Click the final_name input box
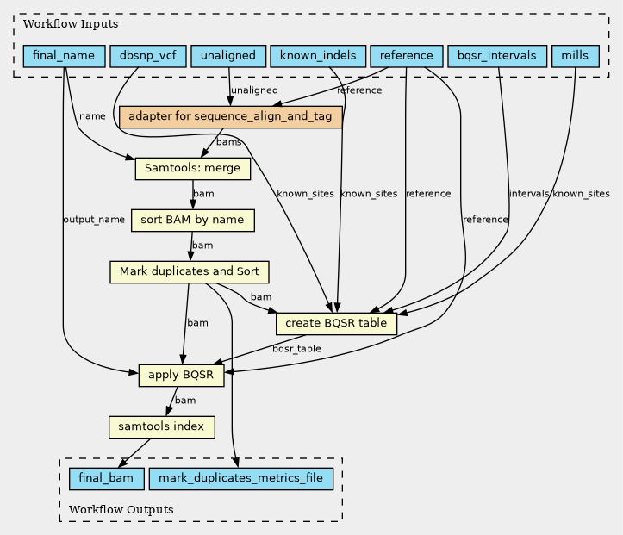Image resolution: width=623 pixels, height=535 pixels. [x=64, y=56]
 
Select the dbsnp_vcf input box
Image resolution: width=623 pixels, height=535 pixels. [x=148, y=56]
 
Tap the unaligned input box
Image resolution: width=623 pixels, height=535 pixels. [x=228, y=56]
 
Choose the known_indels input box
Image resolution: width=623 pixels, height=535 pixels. [x=318, y=56]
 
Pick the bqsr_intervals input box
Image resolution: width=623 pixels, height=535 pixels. [x=497, y=56]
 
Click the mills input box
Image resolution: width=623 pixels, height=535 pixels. [x=576, y=56]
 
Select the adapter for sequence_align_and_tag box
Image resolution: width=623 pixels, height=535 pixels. [x=230, y=117]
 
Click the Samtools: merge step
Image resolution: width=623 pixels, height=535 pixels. [x=193, y=168]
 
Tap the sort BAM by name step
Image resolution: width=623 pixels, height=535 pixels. [x=193, y=220]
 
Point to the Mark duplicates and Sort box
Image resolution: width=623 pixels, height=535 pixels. [x=189, y=271]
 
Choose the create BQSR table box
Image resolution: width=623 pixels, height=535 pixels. [x=336, y=323]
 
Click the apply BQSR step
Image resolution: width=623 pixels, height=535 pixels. [x=181, y=375]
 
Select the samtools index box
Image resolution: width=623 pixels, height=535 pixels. [x=162, y=427]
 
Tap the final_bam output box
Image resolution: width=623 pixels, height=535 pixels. [x=106, y=479]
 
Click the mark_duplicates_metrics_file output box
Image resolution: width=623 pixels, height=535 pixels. [x=240, y=479]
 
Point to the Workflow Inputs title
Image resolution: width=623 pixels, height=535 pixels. [x=71, y=24]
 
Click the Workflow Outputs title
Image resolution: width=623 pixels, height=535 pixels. [x=121, y=509]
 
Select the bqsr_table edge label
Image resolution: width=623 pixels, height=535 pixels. [x=296, y=349]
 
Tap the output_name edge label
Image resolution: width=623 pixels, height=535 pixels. [x=94, y=220]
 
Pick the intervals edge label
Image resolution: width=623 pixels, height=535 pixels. [x=529, y=194]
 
